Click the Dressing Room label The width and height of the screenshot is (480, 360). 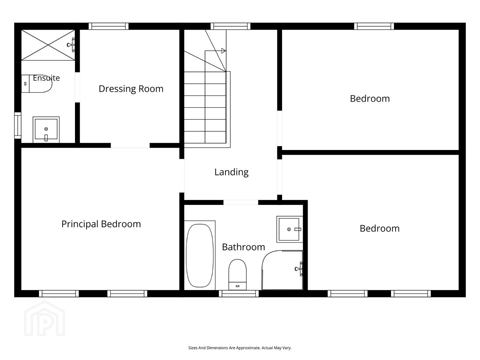131,89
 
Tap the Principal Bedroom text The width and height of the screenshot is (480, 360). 101,224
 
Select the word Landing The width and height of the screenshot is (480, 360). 231,172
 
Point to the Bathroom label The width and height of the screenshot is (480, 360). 243,247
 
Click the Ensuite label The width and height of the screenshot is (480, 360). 46,78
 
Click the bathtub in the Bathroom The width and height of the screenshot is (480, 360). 200,255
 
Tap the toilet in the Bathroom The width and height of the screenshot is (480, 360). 237,275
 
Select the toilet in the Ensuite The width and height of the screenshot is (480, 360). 37,84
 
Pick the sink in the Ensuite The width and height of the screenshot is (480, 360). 46,130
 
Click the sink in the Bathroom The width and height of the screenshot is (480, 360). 290,229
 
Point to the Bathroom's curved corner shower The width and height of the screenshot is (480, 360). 282,270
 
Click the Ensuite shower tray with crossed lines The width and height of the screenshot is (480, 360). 48,45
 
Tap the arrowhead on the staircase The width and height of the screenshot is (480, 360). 223,51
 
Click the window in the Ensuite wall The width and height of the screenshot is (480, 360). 18,125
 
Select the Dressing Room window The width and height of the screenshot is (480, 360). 109,26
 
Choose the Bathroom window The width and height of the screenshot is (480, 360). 239,294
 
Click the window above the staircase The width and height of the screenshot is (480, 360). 230,26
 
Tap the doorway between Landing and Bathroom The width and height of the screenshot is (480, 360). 241,202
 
